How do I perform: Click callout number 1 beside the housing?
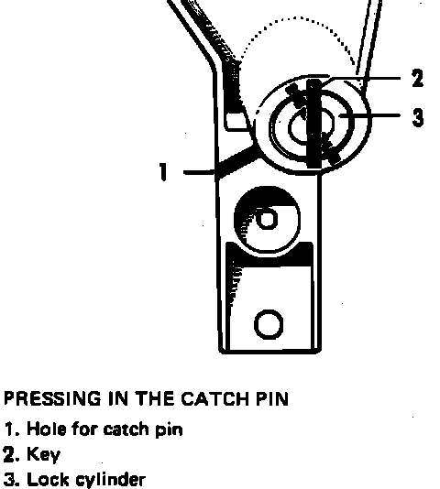[x=162, y=171]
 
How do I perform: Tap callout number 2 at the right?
[x=417, y=78]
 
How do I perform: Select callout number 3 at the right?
[x=418, y=117]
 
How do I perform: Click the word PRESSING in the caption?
[x=52, y=399]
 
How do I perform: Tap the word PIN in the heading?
[x=272, y=399]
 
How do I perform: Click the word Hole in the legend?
[x=47, y=429]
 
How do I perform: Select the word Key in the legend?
[x=43, y=455]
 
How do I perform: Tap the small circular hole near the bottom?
[x=269, y=325]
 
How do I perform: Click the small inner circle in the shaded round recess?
[x=267, y=218]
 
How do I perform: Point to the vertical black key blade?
[x=313, y=124]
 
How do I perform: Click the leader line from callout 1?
[x=200, y=172]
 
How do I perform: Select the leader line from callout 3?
[x=369, y=115]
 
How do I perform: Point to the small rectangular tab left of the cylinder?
[x=236, y=121]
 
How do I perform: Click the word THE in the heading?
[x=155, y=399]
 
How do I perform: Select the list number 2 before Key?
[x=10, y=455]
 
